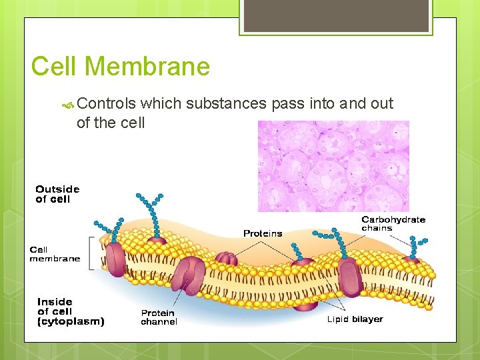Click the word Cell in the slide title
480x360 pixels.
(x=55, y=67)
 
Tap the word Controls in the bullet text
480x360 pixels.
(x=107, y=103)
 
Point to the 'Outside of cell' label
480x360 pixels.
(x=57, y=194)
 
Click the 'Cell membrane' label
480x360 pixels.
(x=55, y=254)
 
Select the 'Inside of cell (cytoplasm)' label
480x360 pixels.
(x=71, y=311)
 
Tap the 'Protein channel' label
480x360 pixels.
(x=159, y=317)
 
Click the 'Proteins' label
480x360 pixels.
(x=263, y=233)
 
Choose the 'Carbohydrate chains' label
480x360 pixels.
(x=393, y=223)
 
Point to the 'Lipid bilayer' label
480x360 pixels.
(x=355, y=319)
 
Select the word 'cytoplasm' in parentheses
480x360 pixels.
(x=71, y=321)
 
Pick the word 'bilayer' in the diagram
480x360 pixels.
(x=367, y=319)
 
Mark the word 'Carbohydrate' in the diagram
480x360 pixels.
(x=393, y=219)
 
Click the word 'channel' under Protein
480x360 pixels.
(x=159, y=322)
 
